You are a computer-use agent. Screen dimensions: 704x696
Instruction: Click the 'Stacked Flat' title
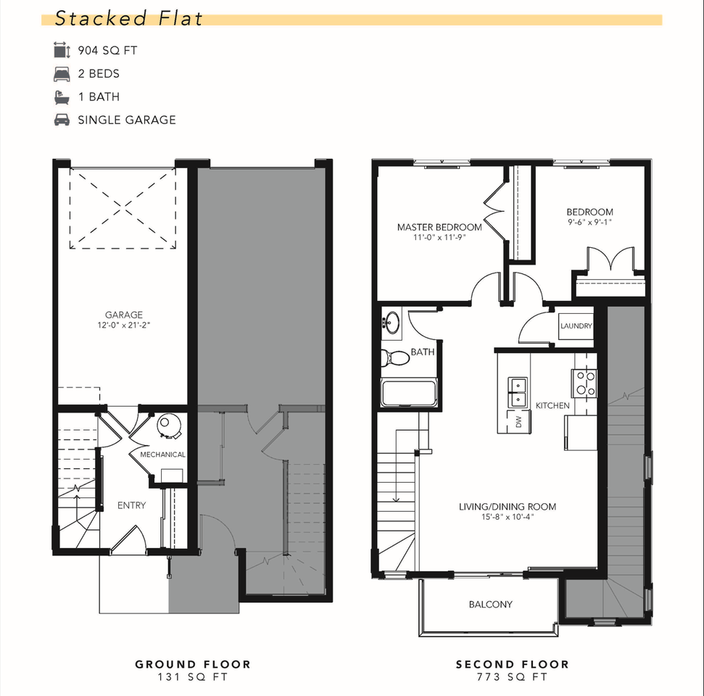(128, 18)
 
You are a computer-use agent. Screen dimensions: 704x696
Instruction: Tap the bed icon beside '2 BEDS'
(62, 74)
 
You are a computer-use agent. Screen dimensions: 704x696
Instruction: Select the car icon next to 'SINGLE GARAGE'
(62, 120)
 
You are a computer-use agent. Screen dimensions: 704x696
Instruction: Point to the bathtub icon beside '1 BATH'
(62, 97)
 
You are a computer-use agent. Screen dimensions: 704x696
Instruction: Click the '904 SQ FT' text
(108, 50)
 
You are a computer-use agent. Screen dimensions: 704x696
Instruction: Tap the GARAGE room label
(124, 315)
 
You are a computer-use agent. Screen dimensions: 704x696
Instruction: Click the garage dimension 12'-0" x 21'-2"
(124, 325)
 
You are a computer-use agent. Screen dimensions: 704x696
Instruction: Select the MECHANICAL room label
(162, 455)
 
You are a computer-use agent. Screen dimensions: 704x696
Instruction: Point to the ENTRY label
(131, 505)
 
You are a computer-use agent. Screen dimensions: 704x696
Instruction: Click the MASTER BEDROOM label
(439, 227)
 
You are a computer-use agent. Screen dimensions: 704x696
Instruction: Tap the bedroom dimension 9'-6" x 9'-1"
(589, 223)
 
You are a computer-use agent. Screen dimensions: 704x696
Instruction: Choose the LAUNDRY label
(576, 326)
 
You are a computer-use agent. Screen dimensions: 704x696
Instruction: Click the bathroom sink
(393, 322)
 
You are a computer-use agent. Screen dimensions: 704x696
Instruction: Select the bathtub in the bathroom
(409, 393)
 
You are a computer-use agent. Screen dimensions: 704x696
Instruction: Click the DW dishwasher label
(519, 421)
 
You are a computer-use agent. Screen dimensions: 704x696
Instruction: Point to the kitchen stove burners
(584, 384)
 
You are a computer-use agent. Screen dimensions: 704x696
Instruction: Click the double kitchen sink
(517, 391)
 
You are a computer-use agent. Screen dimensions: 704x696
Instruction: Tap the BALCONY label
(490, 605)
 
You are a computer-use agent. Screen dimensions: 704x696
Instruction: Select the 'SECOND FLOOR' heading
(513, 664)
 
